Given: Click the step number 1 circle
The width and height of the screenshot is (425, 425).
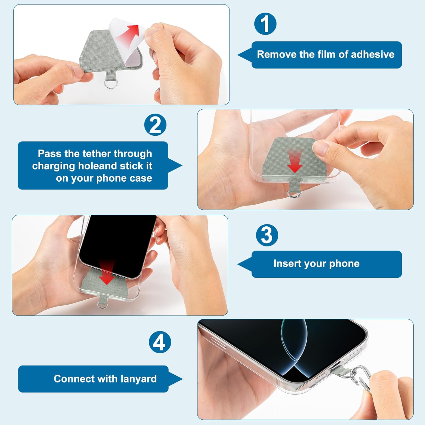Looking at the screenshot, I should pos(265,24).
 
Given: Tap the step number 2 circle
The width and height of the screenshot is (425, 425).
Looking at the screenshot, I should pos(155,125).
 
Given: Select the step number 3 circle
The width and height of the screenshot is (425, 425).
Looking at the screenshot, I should pos(267,235).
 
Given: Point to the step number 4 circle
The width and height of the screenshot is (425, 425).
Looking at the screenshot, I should pos(160,342).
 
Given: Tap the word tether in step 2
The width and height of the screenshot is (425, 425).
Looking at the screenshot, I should pos(97,154).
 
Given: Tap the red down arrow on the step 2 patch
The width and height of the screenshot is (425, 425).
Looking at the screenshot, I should pos(295,161).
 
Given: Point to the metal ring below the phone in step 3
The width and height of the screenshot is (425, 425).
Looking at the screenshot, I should pos(101,305).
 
